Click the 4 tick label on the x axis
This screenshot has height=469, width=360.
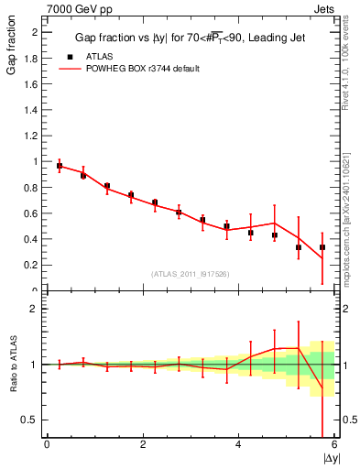click(238, 444)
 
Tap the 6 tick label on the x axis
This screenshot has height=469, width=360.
click(334, 444)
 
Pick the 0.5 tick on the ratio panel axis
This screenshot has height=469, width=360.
click(33, 420)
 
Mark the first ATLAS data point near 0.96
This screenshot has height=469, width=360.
click(60, 167)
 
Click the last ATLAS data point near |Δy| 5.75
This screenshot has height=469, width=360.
click(322, 247)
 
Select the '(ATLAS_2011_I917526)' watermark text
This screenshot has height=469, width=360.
click(191, 274)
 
